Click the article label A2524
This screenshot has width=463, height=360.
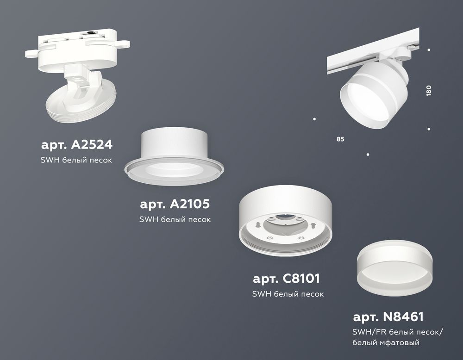click(x=77, y=145)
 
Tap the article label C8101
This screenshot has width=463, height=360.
click(x=287, y=279)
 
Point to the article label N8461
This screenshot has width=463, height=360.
click(x=388, y=317)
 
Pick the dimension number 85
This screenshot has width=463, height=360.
click(x=341, y=139)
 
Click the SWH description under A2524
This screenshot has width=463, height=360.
click(x=77, y=160)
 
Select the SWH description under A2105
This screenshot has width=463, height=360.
click(x=175, y=219)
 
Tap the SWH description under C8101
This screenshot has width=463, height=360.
click(x=288, y=294)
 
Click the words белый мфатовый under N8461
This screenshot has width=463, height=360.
click(x=386, y=343)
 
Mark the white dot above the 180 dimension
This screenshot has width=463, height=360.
click(x=429, y=50)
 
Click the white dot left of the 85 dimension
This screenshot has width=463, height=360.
click(x=314, y=119)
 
